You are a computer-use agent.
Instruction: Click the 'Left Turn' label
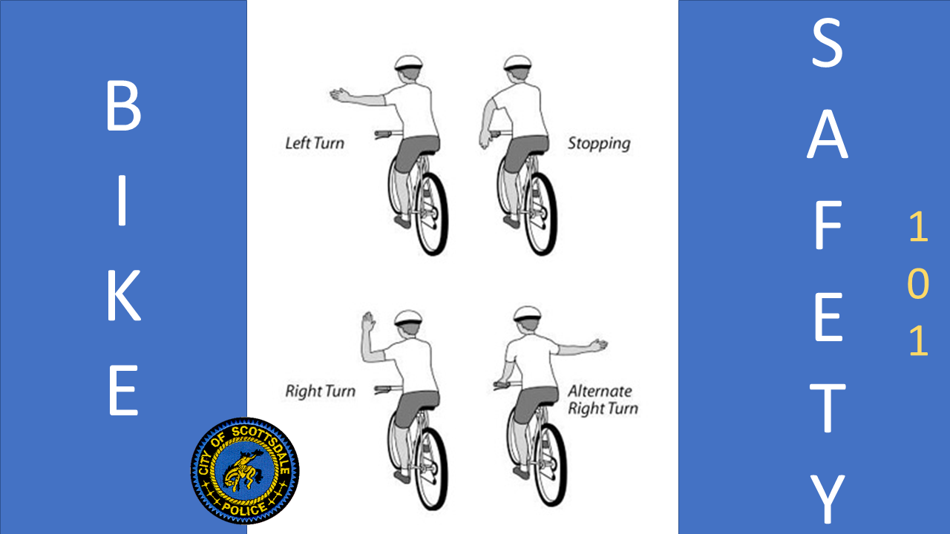click(315, 142)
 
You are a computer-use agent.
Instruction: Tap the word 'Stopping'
click(598, 142)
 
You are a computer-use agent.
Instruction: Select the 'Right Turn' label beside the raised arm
click(320, 391)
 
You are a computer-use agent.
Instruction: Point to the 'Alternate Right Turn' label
click(602, 399)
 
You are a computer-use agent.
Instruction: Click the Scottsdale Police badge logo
click(245, 470)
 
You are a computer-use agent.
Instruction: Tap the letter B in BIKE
click(123, 107)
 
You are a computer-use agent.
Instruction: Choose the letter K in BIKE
click(123, 296)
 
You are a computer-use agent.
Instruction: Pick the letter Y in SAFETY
click(827, 499)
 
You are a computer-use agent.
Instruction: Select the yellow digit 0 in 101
click(919, 284)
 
